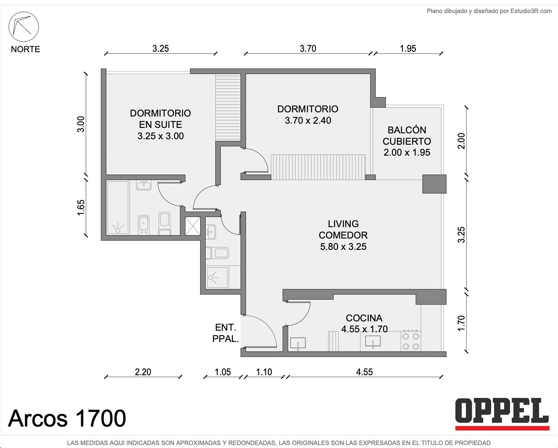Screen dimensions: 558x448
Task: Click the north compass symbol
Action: (24, 27)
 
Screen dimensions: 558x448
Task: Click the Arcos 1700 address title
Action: (67, 418)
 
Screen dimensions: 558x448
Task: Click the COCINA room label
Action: (364, 318)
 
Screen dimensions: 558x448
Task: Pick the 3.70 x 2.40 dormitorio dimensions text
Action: (308, 120)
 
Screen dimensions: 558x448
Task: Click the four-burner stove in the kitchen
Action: (411, 341)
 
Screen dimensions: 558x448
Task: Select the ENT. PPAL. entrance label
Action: (225, 333)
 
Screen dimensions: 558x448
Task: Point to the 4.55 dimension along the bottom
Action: (364, 372)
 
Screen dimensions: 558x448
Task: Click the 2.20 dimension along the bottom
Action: (143, 372)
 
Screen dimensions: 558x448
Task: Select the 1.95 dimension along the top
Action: (408, 48)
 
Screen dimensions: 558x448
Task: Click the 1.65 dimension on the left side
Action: (81, 207)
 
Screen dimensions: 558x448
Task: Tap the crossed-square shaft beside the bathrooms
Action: (193, 226)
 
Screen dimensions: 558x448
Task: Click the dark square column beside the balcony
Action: (434, 184)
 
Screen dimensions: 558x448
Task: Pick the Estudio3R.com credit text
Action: (489, 11)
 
